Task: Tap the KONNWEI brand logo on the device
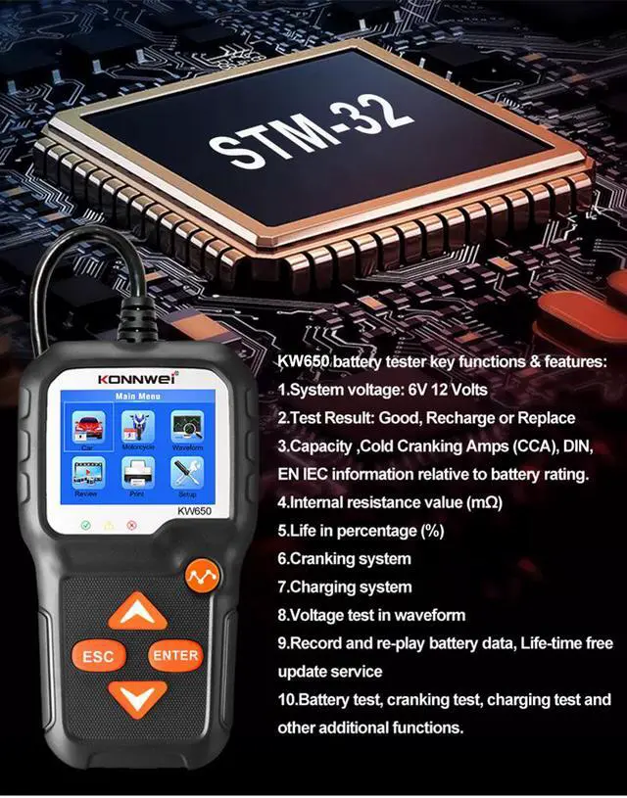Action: click(136, 375)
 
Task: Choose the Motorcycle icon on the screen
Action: click(137, 429)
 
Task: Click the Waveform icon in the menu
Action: click(186, 429)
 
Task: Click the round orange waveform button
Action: click(202, 575)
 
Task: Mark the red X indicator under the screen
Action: click(130, 525)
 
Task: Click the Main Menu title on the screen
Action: click(137, 397)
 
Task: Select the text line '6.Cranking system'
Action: click(344, 558)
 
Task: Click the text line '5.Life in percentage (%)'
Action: click(361, 531)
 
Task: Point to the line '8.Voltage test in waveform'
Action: click(371, 615)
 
